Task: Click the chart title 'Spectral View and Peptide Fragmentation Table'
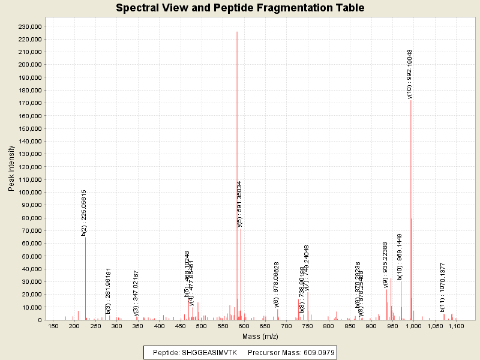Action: tap(240, 8)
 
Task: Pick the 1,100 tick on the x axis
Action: tap(456, 326)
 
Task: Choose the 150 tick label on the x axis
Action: tap(53, 326)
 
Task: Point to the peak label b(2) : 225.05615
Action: tap(85, 213)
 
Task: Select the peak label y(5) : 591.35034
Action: tap(240, 204)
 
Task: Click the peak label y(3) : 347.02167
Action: tap(136, 293)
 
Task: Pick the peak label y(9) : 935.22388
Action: tap(386, 265)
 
